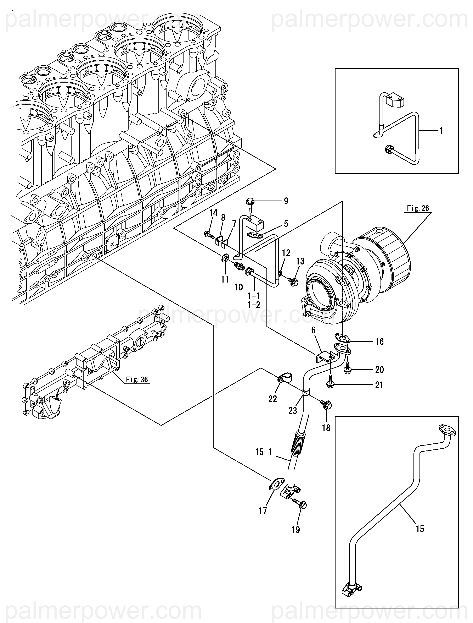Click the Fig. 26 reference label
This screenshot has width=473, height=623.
point(418,208)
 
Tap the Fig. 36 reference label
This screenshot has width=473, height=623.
point(137,379)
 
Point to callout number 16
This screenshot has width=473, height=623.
point(379,342)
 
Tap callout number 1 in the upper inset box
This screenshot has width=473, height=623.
point(441,131)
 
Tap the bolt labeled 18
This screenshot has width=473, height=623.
point(326,405)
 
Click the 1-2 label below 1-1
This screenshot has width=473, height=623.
point(254,305)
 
